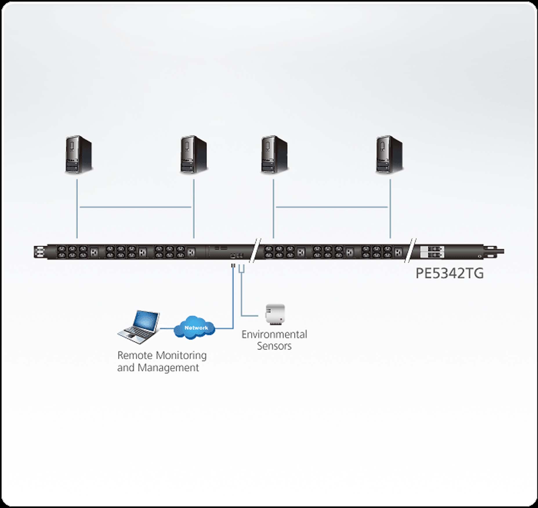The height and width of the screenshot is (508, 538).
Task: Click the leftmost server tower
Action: [x=79, y=155]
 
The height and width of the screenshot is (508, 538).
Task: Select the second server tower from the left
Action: [x=193, y=155]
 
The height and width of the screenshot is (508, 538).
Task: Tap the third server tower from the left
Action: [x=274, y=155]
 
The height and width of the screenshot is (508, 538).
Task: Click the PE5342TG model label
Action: [x=450, y=273]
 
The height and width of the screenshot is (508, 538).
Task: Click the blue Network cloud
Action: [x=195, y=328]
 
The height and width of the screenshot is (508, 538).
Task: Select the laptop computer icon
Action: [x=139, y=327]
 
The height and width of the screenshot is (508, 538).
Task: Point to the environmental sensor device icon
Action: [x=275, y=314]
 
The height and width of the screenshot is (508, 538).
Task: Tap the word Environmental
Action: [x=274, y=334]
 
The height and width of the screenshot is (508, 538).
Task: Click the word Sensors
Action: [x=274, y=346]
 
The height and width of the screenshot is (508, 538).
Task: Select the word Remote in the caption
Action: [x=135, y=355]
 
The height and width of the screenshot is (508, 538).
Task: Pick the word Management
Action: [x=168, y=368]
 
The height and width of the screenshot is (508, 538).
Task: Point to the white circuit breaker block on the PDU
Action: [x=432, y=252]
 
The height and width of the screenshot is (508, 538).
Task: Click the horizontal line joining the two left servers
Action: [x=135, y=207]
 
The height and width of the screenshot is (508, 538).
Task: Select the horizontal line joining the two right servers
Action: [x=332, y=207]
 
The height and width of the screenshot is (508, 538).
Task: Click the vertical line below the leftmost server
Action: [x=77, y=209]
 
